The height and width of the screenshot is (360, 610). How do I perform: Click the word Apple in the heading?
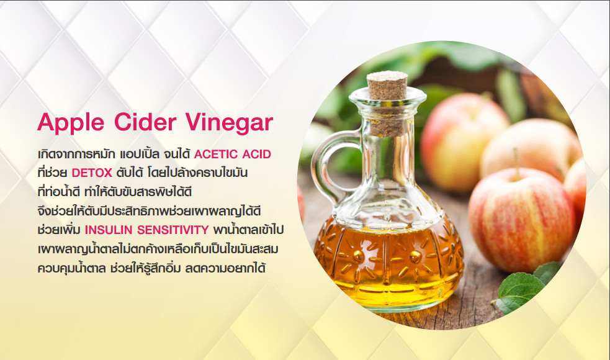(71, 123)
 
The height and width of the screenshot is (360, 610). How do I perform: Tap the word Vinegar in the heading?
(229, 123)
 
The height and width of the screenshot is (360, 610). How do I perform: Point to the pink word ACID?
(257, 155)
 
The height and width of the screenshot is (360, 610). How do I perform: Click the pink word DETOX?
(92, 173)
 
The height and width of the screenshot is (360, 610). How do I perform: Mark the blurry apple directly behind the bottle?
(463, 142)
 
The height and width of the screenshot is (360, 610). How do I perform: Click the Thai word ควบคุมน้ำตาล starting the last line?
(71, 268)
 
